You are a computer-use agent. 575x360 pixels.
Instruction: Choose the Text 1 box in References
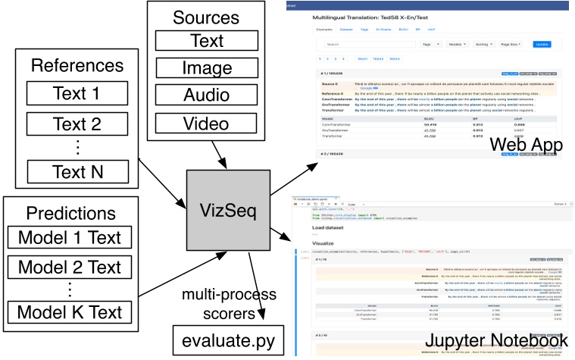(76, 93)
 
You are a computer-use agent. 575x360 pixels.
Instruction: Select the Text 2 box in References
(76, 124)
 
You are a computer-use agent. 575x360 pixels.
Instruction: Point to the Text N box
(76, 172)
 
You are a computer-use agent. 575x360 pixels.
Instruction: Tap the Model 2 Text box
(70, 268)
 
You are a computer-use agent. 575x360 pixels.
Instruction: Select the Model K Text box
(70, 311)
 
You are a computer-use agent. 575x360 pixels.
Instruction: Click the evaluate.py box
(223, 340)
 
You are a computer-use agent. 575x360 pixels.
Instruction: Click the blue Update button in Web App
(542, 45)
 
